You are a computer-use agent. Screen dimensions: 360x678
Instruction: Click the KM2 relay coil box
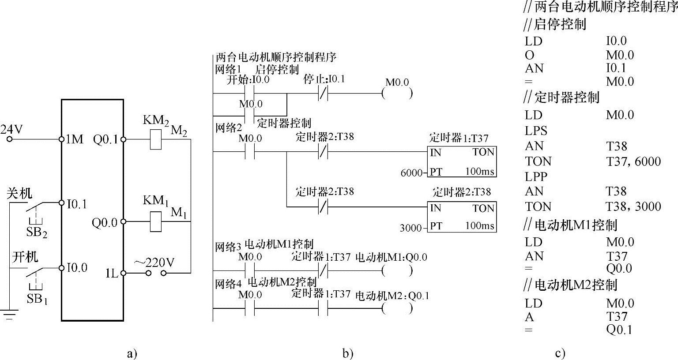[x=155, y=139]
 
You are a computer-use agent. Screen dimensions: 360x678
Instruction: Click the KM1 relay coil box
[x=155, y=221]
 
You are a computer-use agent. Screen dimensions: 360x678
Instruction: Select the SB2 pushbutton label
[x=37, y=232]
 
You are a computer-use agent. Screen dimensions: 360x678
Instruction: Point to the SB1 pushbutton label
[x=37, y=299]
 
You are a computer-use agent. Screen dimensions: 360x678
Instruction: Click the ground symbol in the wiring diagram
[x=9, y=315]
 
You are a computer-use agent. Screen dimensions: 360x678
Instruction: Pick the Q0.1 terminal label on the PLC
[x=105, y=140]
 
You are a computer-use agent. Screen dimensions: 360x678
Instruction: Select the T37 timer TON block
[x=462, y=161]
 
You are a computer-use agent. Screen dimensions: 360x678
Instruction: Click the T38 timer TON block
[x=462, y=217]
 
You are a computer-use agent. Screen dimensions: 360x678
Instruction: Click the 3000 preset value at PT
[x=411, y=228]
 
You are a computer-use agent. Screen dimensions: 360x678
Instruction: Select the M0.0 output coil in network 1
[x=397, y=94]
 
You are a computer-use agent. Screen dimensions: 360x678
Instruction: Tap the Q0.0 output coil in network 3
[x=397, y=270]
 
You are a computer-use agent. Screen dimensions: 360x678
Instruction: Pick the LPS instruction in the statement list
[x=536, y=131]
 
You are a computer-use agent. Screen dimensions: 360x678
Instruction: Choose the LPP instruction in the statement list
[x=536, y=176]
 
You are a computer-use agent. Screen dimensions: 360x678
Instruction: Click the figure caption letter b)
[x=348, y=353]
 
